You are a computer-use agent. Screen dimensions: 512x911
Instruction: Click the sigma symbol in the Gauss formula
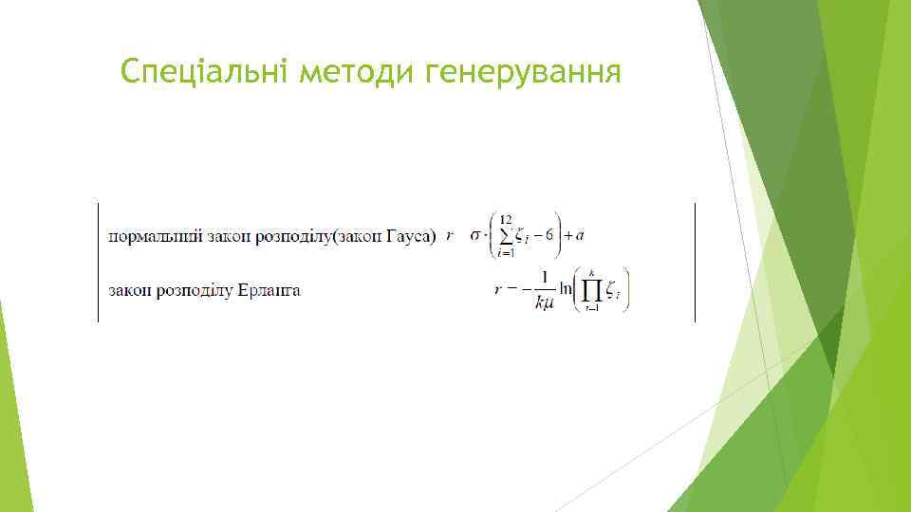tap(475, 235)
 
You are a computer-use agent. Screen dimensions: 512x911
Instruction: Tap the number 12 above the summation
tap(506, 219)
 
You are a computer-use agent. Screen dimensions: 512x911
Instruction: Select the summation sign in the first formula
tap(506, 235)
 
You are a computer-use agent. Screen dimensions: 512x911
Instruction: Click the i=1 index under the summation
tap(506, 253)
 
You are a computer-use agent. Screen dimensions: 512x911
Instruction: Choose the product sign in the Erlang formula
tap(593, 289)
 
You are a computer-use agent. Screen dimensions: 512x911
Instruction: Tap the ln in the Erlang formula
tap(567, 290)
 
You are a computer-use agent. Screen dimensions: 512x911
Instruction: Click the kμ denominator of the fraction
tap(544, 302)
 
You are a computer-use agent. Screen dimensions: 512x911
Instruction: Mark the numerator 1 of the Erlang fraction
tap(544, 278)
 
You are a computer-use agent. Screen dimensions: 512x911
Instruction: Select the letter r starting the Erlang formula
tap(498, 290)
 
